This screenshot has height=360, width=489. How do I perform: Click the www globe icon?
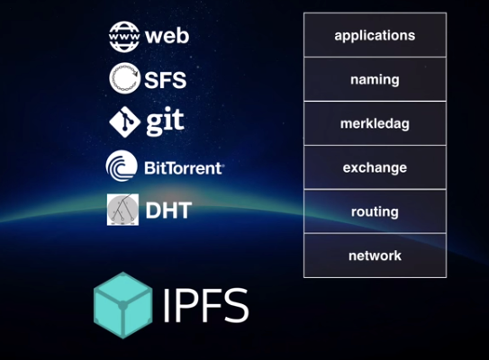(x=124, y=37)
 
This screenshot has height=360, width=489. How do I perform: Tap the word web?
(x=168, y=36)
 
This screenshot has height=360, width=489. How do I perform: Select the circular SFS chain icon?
(x=124, y=78)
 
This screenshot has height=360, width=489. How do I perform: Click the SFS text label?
(x=166, y=80)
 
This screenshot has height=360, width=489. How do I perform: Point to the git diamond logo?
(x=125, y=121)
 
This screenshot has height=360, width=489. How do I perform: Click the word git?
(x=166, y=121)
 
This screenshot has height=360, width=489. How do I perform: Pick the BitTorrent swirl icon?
(x=122, y=166)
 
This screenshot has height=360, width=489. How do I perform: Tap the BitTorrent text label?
(x=184, y=168)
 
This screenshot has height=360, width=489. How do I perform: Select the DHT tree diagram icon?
(x=122, y=210)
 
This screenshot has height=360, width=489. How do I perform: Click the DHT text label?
(x=168, y=211)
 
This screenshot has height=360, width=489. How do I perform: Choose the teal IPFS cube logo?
(x=122, y=305)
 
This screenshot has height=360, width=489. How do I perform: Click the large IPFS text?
(x=206, y=305)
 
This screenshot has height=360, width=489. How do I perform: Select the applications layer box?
(x=375, y=35)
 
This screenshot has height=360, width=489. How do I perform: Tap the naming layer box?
(x=375, y=79)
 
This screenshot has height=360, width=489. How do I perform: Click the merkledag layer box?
(x=375, y=123)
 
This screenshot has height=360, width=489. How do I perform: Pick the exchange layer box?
(x=375, y=167)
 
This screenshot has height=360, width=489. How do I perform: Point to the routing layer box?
(x=375, y=211)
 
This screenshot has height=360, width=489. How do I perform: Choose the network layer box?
(x=375, y=256)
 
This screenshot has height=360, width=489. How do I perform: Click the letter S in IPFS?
(x=236, y=305)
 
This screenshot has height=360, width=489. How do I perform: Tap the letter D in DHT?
(x=153, y=211)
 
